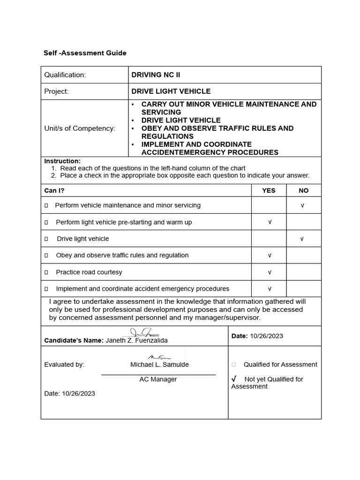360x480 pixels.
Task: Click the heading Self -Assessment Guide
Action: click(x=85, y=53)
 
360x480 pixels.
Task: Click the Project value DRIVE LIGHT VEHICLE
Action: click(x=171, y=91)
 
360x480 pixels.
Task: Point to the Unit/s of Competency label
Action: click(x=80, y=128)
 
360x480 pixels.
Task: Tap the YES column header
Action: click(x=269, y=190)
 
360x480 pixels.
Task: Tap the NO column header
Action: click(x=304, y=190)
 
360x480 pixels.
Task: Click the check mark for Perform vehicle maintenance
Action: click(x=302, y=206)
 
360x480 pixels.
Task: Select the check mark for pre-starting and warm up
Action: click(x=270, y=222)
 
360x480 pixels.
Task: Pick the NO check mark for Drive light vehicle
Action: click(x=302, y=239)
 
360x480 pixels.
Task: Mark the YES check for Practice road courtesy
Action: click(x=270, y=272)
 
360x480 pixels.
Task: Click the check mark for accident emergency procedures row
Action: click(x=270, y=289)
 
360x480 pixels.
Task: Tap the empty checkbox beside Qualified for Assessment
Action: click(x=234, y=365)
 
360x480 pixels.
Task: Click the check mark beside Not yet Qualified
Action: click(x=234, y=379)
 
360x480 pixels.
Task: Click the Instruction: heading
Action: click(x=62, y=161)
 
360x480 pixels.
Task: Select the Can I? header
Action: click(x=54, y=190)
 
